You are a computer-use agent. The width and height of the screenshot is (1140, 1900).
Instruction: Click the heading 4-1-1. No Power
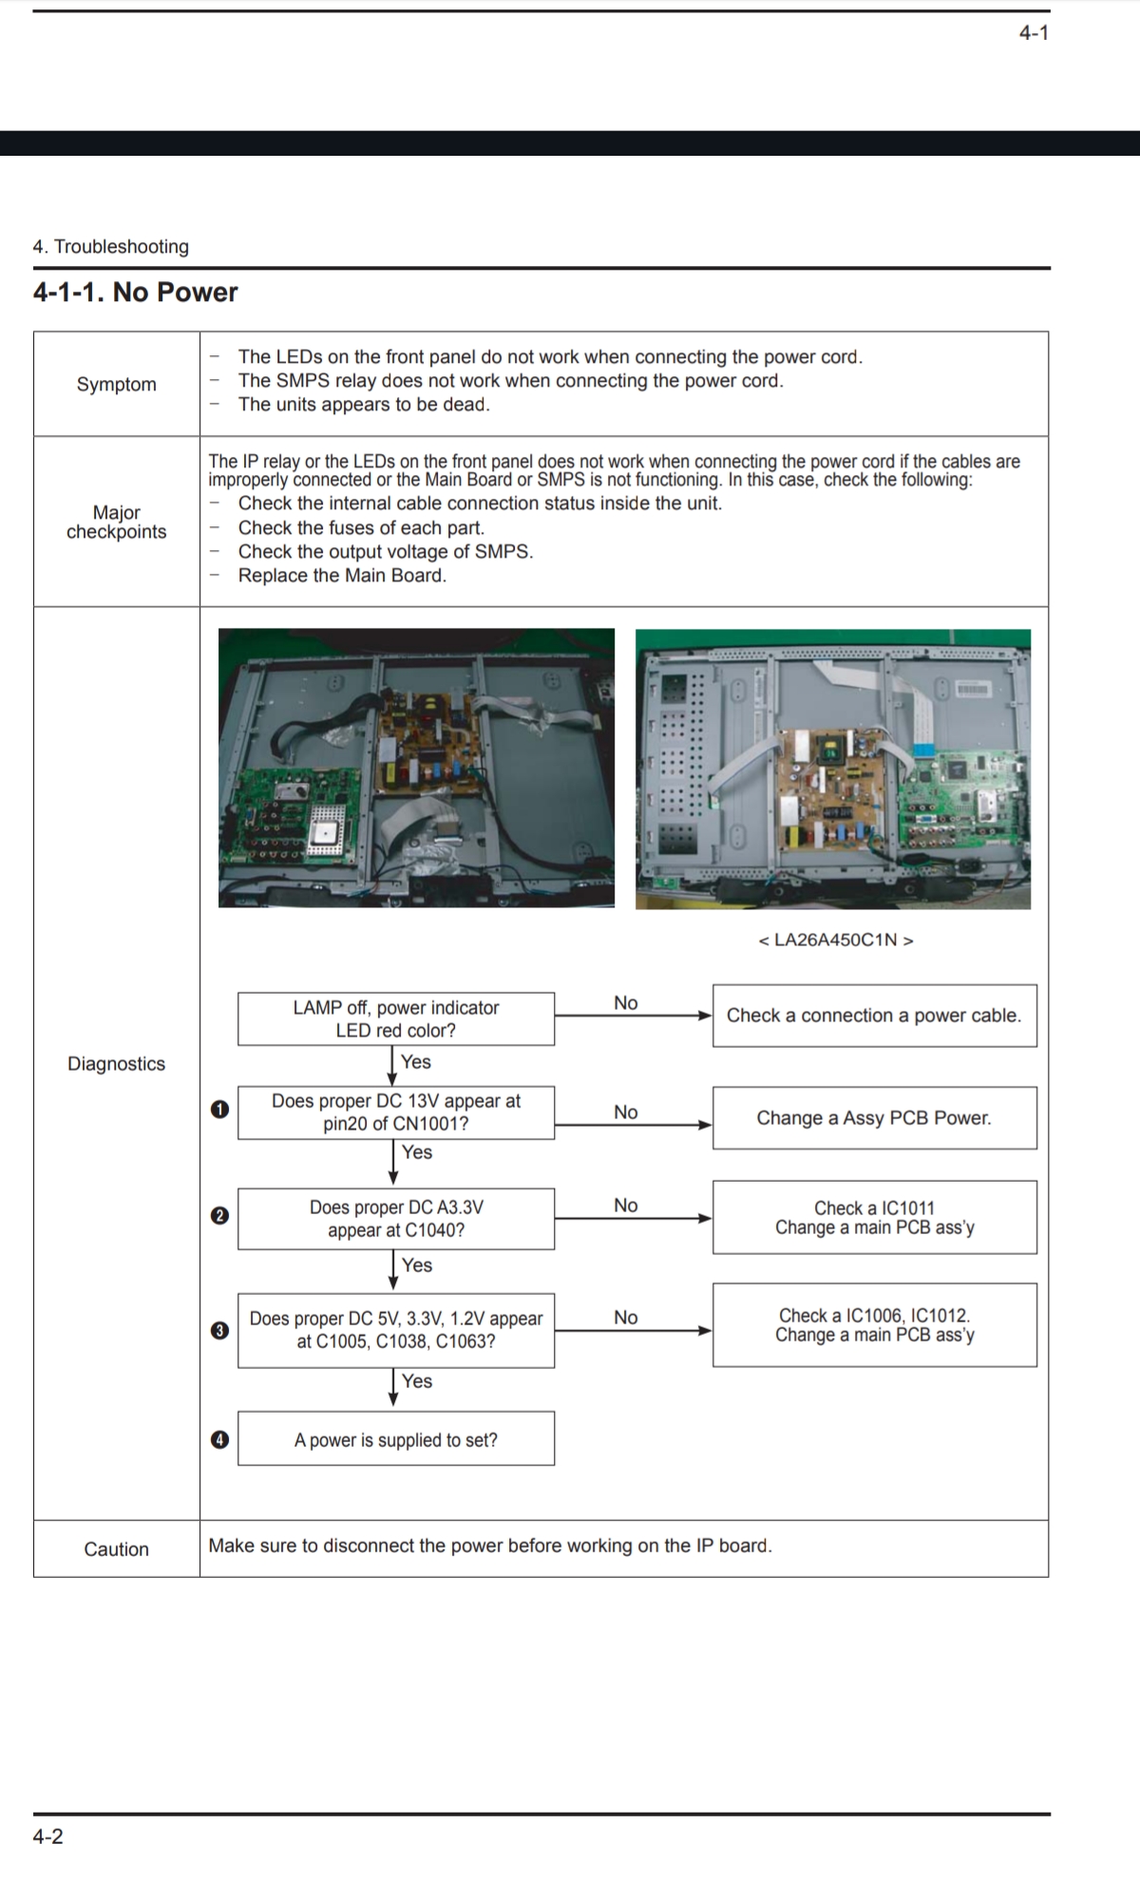point(135,293)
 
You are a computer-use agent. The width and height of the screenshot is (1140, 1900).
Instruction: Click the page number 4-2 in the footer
point(48,1836)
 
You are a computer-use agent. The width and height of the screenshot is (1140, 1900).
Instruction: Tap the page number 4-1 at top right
point(1034,33)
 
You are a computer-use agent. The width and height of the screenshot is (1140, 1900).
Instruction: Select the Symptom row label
point(116,385)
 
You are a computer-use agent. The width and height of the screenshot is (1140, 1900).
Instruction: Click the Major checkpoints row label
point(116,522)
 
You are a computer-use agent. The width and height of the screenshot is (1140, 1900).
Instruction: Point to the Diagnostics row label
point(116,1064)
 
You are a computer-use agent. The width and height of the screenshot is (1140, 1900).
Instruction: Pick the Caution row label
point(116,1549)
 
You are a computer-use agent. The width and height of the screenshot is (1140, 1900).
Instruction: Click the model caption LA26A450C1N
point(836,940)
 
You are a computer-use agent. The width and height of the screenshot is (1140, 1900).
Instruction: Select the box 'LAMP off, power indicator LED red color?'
point(395,1019)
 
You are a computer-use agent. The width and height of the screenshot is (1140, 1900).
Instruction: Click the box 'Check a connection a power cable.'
point(874,1016)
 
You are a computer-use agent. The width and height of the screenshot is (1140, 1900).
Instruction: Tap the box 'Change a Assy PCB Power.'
point(874,1118)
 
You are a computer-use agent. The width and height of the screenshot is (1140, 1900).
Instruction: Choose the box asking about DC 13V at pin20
point(395,1112)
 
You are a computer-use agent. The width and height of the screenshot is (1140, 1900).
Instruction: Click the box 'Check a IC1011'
point(874,1218)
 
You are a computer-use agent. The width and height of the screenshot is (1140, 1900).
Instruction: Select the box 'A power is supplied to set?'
point(395,1439)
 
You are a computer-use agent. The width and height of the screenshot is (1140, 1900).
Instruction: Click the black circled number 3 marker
point(219,1330)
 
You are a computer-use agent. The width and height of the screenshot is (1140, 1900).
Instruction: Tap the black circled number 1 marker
point(219,1110)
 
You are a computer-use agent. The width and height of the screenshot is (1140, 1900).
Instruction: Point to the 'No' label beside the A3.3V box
point(626,1206)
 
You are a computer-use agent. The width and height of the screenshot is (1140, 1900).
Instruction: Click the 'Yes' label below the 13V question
point(417,1152)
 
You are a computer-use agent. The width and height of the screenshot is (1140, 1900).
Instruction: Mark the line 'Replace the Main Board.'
point(342,576)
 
